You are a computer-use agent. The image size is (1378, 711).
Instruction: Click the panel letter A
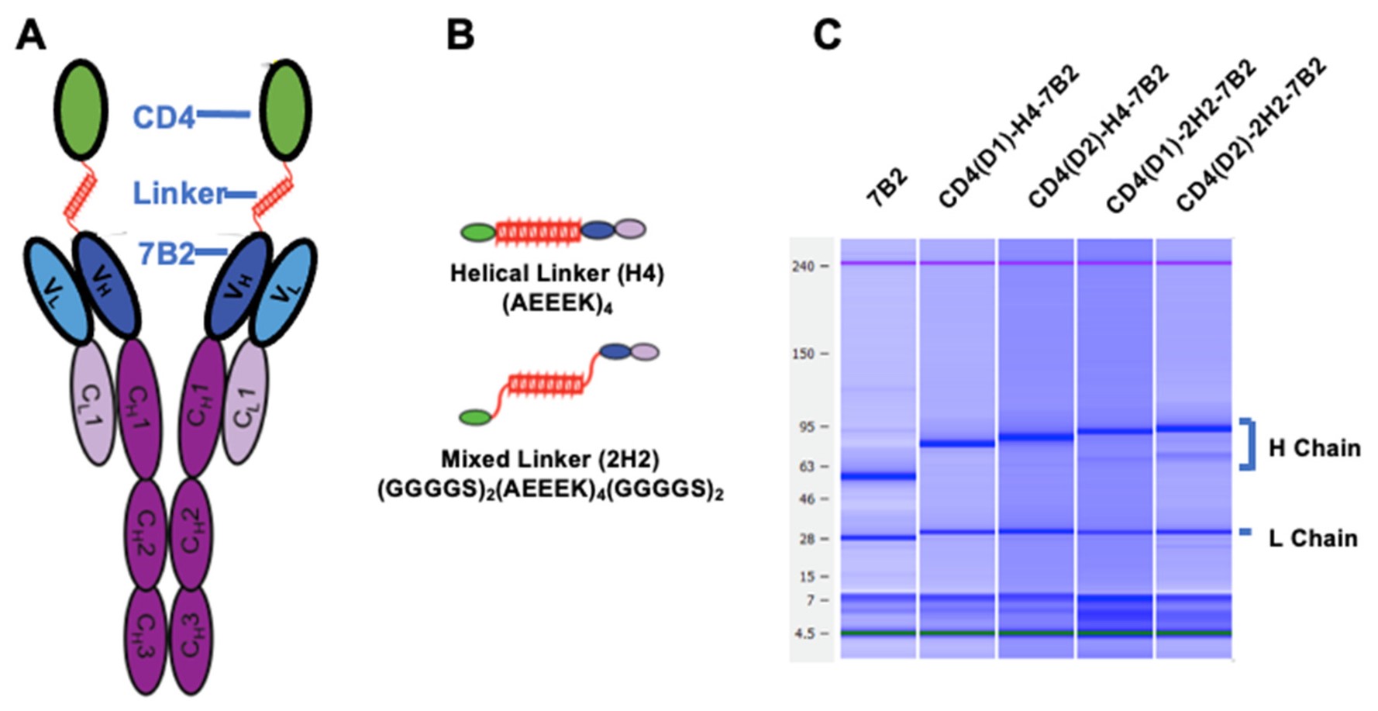30,34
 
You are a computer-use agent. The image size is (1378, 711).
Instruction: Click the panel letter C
827,34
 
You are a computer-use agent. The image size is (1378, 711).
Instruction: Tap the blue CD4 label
164,118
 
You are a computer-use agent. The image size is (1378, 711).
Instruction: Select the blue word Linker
179,193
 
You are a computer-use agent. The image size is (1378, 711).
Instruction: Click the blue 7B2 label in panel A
166,254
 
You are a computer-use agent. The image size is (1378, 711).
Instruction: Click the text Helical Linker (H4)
556,274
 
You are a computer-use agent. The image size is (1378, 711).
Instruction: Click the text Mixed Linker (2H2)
549,460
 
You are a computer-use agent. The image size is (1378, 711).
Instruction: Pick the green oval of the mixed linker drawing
475,418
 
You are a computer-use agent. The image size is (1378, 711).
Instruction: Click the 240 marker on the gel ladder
803,267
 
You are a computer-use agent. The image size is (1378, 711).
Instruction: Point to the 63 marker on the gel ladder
806,466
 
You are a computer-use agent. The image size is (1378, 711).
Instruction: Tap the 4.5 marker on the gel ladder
804,633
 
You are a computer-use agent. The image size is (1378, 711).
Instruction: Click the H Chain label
1314,448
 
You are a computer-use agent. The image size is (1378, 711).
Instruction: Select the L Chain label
1312,538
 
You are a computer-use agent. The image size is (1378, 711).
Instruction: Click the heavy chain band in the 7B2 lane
878,476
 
